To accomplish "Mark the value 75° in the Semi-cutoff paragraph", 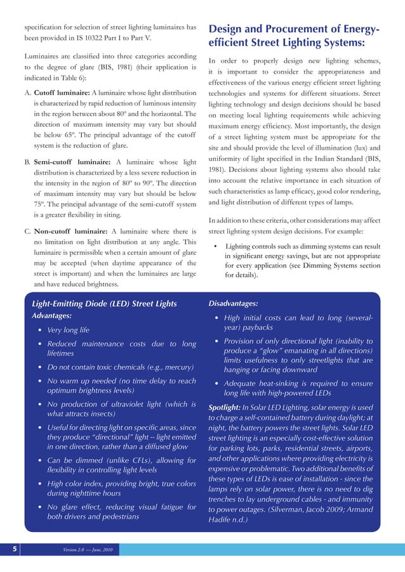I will click(41, 204).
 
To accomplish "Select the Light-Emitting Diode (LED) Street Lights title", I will click(105, 303).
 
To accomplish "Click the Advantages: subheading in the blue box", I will click(51, 316).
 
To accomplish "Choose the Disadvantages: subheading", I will click(233, 304).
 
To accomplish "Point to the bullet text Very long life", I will click(68, 330).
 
